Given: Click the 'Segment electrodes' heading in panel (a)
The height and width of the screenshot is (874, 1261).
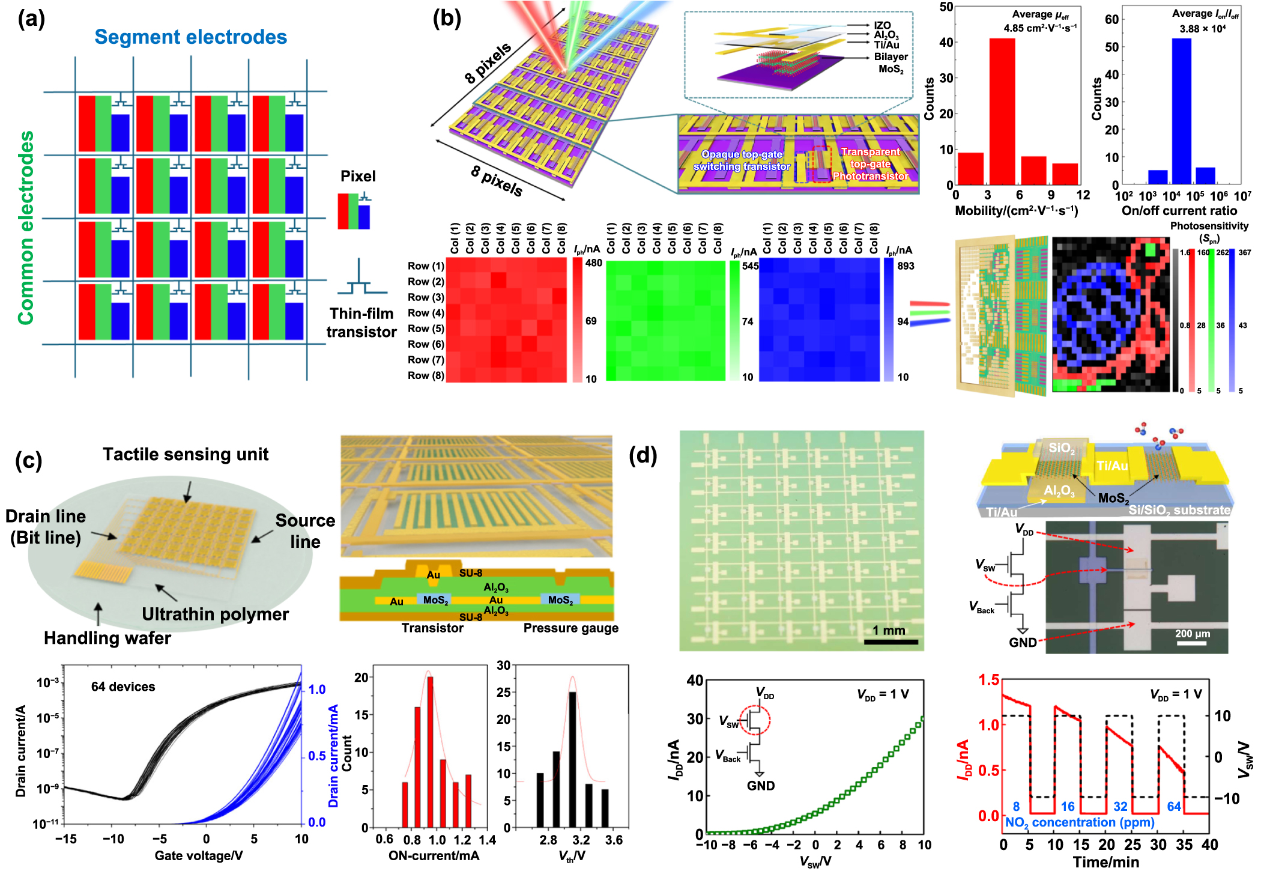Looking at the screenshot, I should (x=190, y=37).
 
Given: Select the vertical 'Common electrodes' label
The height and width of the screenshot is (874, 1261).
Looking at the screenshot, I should (x=26, y=228).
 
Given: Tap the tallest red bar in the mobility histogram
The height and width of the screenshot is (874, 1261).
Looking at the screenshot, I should (x=1002, y=111).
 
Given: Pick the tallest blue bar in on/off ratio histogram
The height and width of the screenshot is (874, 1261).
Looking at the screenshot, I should (x=1181, y=111).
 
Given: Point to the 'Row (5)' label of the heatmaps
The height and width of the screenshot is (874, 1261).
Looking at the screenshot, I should (x=426, y=329).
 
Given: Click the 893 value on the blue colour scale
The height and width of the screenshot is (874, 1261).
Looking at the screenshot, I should (x=906, y=266).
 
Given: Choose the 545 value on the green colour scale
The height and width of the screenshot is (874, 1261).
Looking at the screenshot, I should (x=750, y=266).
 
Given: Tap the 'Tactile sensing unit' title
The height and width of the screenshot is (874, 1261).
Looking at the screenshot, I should (x=186, y=454).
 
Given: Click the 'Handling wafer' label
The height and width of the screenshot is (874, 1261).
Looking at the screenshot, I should (x=107, y=638).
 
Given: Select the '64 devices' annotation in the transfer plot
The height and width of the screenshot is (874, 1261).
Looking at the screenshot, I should (x=123, y=687).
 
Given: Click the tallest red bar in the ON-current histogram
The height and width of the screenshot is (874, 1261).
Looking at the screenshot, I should (x=430, y=752).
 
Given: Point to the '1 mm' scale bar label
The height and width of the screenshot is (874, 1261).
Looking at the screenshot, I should (x=889, y=630).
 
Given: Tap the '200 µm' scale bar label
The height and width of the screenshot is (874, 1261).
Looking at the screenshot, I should (x=1192, y=634).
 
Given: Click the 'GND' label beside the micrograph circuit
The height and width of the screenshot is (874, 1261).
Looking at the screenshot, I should (x=1022, y=642).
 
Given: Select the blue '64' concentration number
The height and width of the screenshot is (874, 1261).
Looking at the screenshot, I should (x=1174, y=807).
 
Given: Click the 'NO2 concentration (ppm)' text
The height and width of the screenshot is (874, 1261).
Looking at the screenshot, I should (x=1080, y=822).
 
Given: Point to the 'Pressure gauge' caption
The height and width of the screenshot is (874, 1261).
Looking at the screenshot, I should (x=570, y=628).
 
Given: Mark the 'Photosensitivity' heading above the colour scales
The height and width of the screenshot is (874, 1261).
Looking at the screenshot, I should (x=1209, y=226).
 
